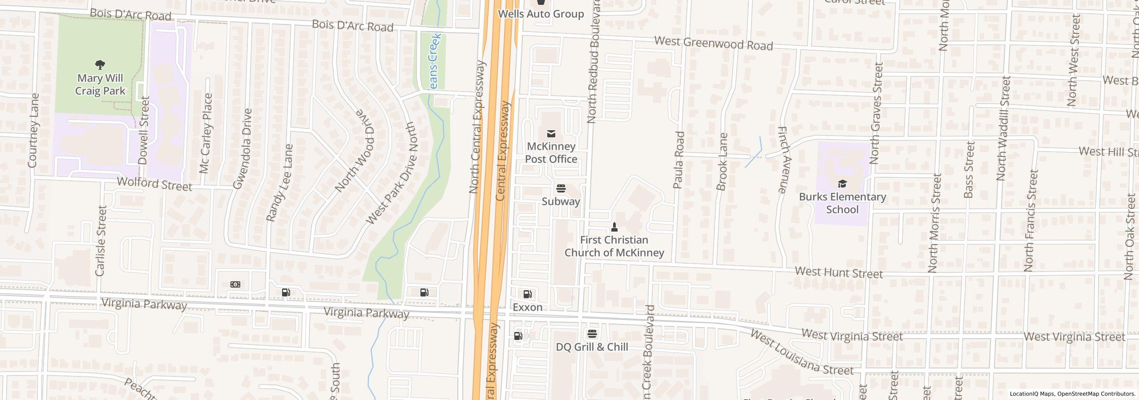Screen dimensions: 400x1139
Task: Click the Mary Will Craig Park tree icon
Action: [x=100, y=65]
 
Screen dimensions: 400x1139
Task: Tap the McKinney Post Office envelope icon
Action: [x=551, y=133]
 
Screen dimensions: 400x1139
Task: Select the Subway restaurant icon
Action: [x=561, y=188]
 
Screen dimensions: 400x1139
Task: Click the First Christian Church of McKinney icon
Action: [x=614, y=227]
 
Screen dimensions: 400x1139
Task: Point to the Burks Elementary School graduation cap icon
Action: [x=842, y=184]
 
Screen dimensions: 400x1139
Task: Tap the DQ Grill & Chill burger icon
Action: [x=592, y=334]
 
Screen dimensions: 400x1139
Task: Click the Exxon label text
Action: [x=527, y=308]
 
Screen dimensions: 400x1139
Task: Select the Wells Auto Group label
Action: [x=541, y=14]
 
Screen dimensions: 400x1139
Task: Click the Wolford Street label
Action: [x=154, y=184]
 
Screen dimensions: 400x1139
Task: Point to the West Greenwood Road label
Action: [x=713, y=43]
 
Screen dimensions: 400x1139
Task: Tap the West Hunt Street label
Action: [x=839, y=272]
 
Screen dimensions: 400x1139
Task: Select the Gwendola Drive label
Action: [x=242, y=149]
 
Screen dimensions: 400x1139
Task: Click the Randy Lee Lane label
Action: [x=279, y=183]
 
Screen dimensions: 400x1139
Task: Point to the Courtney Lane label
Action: [x=33, y=131]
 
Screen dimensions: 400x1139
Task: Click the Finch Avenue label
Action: [x=783, y=160]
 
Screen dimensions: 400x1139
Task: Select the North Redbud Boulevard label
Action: [x=594, y=61]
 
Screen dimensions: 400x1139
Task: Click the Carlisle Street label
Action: [x=101, y=240]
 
